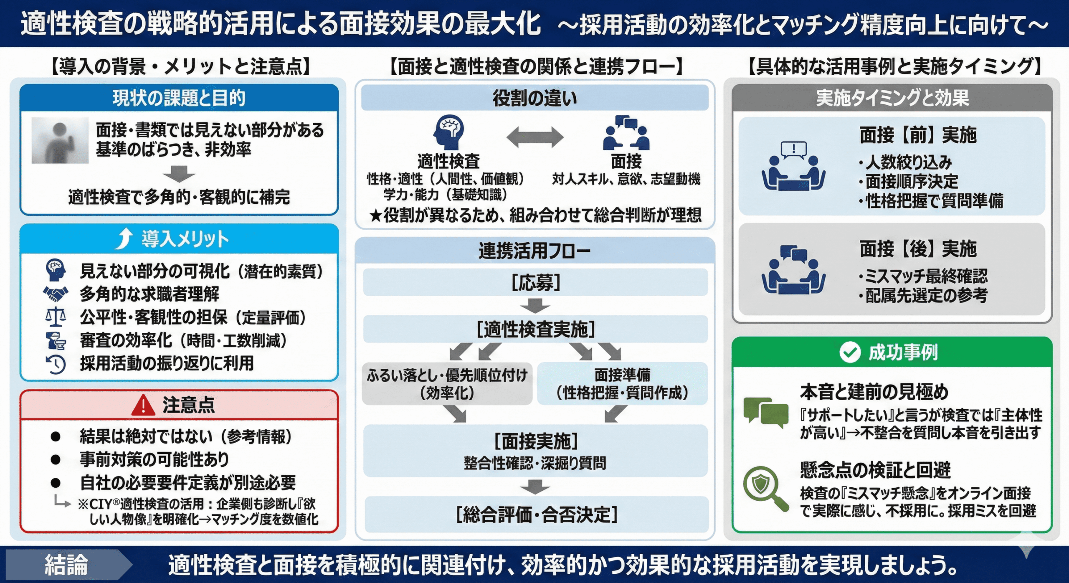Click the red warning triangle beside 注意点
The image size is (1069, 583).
pos(143,405)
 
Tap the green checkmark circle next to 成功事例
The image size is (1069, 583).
pos(849,352)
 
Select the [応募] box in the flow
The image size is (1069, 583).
pos(535,283)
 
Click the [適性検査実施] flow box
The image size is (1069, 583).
pos(535,330)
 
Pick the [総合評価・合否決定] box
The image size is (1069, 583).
pos(536,515)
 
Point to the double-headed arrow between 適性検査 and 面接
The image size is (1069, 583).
pos(535,137)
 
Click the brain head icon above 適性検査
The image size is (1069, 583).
pos(449,132)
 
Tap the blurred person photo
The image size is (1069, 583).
pos(60,140)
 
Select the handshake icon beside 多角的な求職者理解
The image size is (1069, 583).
pos(56,294)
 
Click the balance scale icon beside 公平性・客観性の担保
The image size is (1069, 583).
pos(56,317)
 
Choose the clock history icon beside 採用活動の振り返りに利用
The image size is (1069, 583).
pos(56,364)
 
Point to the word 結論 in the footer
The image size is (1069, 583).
pos(66,565)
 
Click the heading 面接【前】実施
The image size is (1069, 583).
pos(918,135)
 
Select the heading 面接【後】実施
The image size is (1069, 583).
pos(918,249)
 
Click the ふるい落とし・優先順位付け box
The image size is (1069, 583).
pos(447,383)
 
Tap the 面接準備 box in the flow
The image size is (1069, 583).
pos(622,383)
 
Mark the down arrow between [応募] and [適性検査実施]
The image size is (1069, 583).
pos(535,306)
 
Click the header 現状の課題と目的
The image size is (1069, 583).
pos(179,98)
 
